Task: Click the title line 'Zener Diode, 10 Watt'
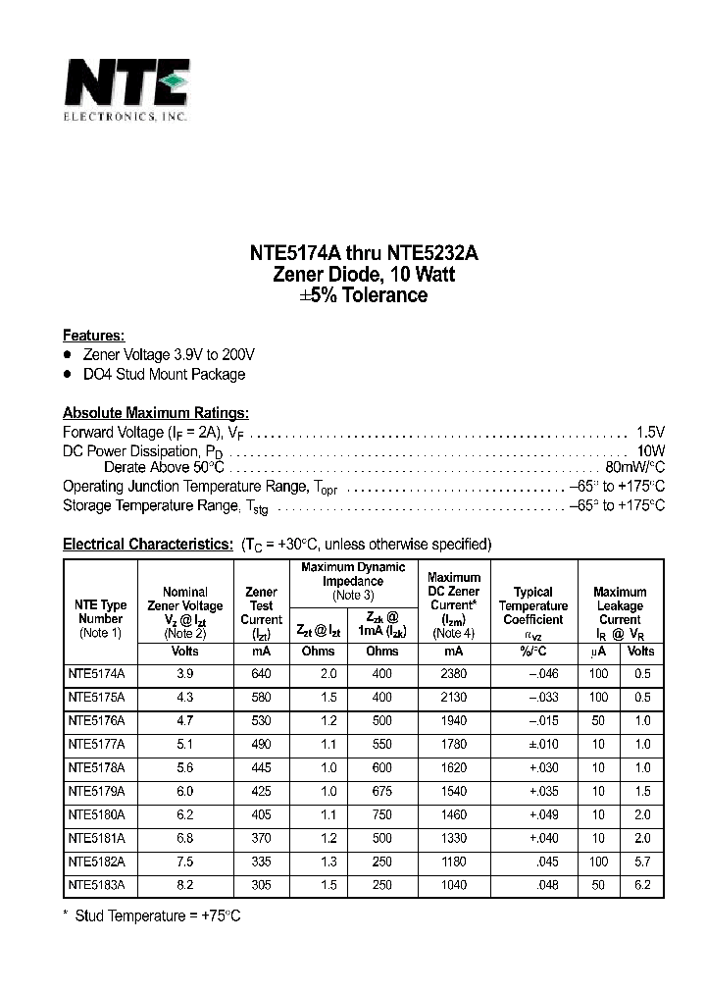364,275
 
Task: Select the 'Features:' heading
93,335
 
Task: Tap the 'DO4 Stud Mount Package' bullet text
165,374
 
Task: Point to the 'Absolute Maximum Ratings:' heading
156,413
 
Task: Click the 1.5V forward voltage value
650,432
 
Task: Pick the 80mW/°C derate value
634,468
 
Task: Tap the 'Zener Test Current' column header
261,606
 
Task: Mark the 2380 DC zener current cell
452,674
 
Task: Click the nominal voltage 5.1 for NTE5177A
184,745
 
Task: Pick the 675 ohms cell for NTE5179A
381,792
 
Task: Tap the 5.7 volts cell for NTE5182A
640,862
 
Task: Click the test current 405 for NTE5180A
261,815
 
